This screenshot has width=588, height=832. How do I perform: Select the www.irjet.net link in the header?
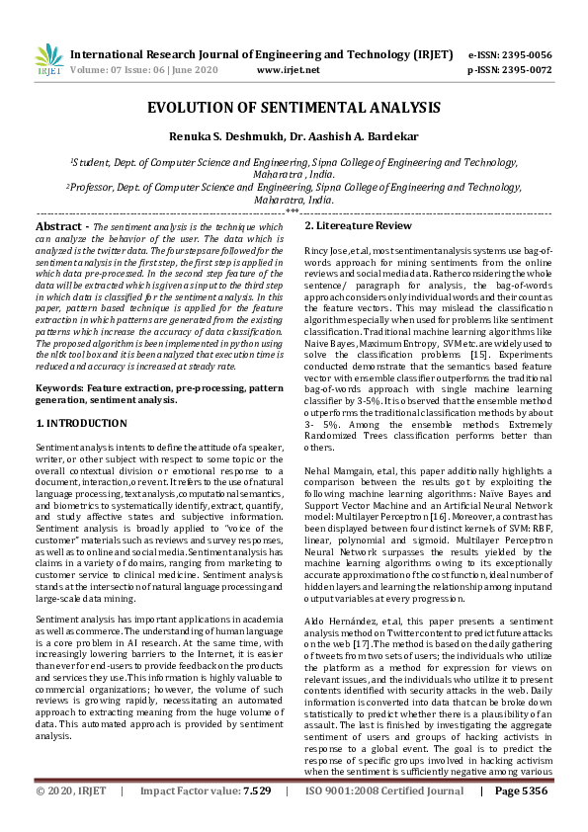pyautogui.click(x=288, y=70)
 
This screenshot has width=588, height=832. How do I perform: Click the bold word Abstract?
pyautogui.click(x=57, y=226)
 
